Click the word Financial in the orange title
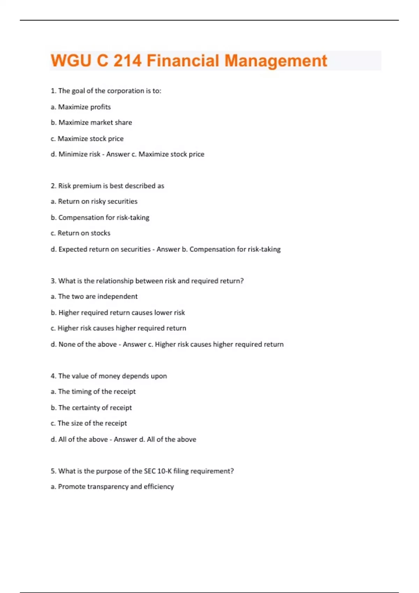pyautogui.click(x=183, y=61)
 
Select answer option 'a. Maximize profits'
pyautogui.click(x=81, y=107)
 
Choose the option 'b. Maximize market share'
pyautogui.click(x=91, y=122)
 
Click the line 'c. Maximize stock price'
pyautogui.click(x=87, y=138)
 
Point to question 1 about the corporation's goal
pyautogui.click(x=106, y=91)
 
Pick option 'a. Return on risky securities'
pyautogui.click(x=94, y=201)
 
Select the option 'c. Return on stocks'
pyautogui.click(x=80, y=233)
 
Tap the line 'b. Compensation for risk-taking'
pyautogui.click(x=100, y=217)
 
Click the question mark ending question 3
pyautogui.click(x=242, y=281)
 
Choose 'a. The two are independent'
pyautogui.click(x=94, y=296)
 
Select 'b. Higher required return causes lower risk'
pyautogui.click(x=118, y=313)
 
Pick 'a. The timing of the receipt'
pyautogui.click(x=93, y=391)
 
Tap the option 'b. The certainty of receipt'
pyautogui.click(x=91, y=407)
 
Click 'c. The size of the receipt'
pyautogui.click(x=89, y=423)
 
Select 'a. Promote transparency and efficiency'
pyautogui.click(x=112, y=487)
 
